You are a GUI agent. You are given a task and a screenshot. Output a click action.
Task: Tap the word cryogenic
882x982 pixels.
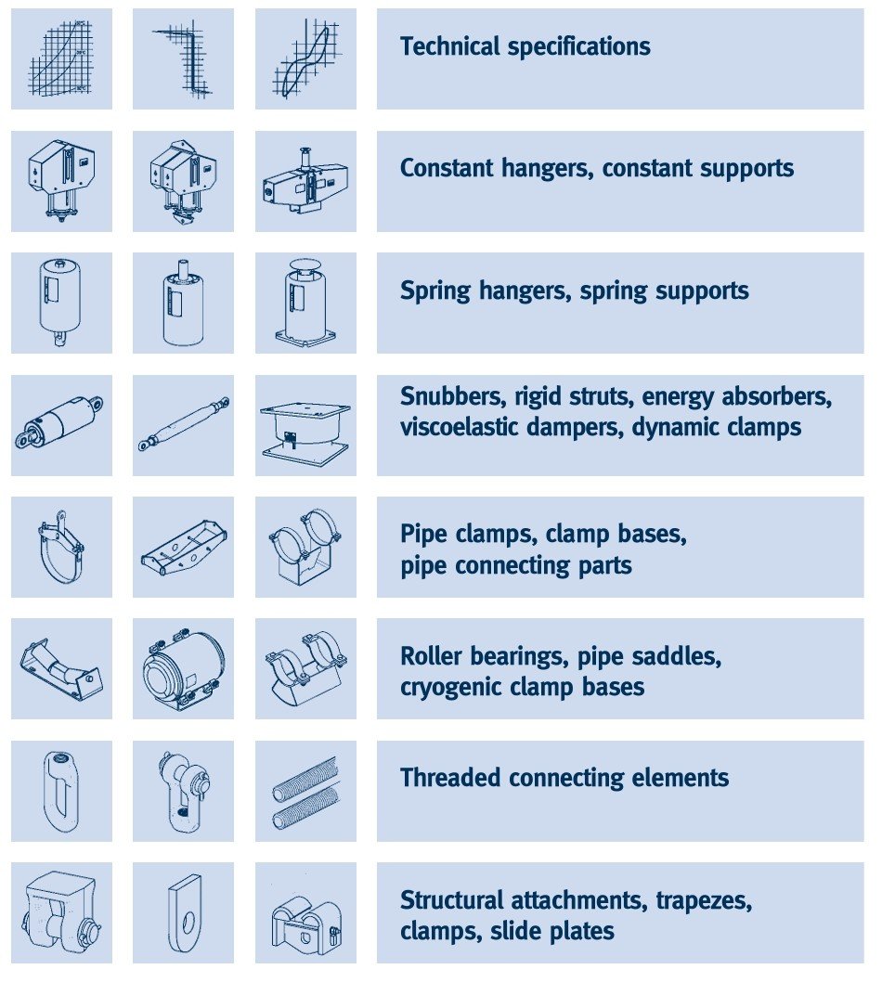[450, 688]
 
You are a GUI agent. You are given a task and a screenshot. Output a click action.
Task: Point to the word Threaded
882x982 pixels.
[449, 777]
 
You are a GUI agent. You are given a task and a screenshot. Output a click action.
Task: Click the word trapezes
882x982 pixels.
[704, 900]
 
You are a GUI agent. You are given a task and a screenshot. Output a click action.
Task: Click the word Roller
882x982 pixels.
[431, 655]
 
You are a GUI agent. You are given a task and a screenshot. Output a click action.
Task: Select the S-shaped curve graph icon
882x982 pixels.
[305, 58]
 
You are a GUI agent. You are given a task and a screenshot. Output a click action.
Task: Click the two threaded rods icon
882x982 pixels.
[305, 793]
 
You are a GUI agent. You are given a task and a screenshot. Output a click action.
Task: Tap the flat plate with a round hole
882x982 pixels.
[185, 913]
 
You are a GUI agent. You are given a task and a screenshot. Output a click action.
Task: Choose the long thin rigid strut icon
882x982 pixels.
[184, 424]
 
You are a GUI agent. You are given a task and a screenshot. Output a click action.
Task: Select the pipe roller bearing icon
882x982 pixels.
[60, 667]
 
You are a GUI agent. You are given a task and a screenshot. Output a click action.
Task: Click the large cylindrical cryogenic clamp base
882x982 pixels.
[183, 669]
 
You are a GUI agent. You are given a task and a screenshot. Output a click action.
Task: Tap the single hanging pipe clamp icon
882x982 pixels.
[61, 546]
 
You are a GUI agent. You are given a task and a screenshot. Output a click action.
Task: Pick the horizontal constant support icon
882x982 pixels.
[305, 181]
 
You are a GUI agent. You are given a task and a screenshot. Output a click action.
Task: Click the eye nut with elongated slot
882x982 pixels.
[60, 792]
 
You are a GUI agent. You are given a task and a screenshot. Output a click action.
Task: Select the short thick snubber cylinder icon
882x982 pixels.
[58, 421]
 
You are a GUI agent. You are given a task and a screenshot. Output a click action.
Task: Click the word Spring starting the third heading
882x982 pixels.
[435, 291]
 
